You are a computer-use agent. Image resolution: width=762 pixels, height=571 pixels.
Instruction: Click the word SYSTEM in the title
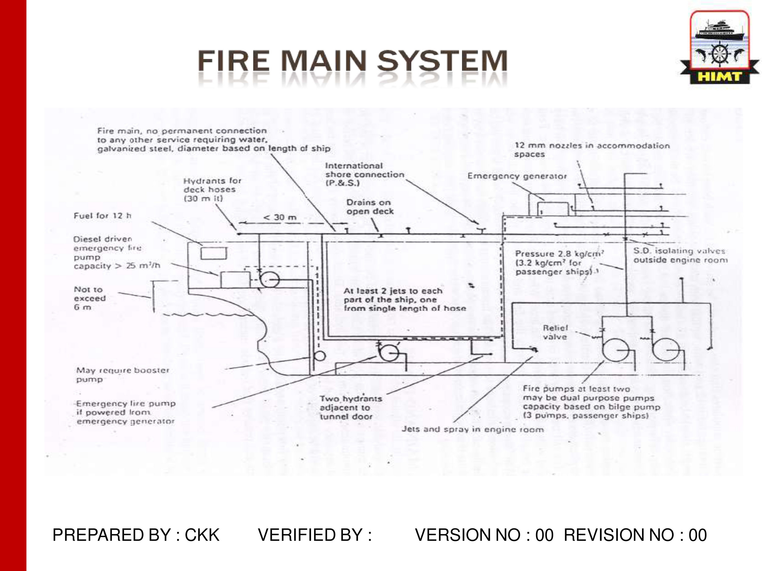pos(442,61)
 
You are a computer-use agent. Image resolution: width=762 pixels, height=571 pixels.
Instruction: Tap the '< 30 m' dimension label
pos(280,218)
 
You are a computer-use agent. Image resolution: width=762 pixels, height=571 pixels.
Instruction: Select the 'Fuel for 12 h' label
pos(102,216)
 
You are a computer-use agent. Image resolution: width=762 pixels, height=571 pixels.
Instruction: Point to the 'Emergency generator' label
pos(517,176)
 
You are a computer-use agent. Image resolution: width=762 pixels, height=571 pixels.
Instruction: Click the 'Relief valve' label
pos(555,332)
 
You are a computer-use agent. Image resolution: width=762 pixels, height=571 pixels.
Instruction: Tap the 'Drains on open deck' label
pos(370,207)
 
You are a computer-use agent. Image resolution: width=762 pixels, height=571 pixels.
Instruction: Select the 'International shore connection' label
pos(364,174)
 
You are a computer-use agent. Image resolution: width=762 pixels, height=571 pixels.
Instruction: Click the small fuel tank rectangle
pos(214,253)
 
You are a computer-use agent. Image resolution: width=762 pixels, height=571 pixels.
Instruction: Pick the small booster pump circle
pos(320,356)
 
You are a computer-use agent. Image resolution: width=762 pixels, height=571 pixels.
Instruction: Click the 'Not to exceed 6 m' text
pos(90,298)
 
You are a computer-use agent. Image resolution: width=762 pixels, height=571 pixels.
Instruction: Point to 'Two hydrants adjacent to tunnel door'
pos(350,408)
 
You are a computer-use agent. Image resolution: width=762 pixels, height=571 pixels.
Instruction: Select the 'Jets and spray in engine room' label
pos(472,429)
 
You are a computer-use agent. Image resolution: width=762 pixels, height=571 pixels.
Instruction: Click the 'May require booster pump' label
pos(122,375)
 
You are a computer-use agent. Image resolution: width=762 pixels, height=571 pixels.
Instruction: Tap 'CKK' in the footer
pos(202,535)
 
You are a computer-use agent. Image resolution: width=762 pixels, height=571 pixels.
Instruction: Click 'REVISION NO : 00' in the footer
pos(635,535)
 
